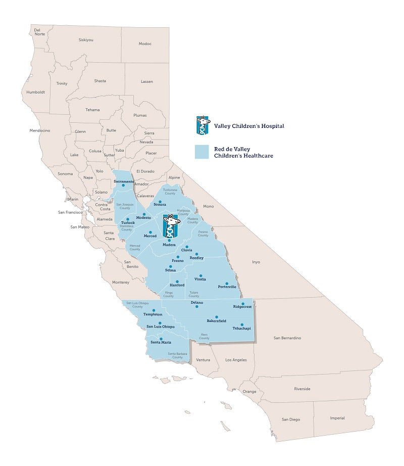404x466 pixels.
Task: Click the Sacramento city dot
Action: coord(123,185)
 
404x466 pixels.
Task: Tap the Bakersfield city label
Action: coord(216,321)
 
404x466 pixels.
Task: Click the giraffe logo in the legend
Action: coord(203,126)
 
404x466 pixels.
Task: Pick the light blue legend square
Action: coord(203,152)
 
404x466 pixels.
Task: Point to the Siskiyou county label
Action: coord(86,39)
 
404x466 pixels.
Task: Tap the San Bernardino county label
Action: coord(287,338)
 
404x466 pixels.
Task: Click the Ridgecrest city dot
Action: coord(243,304)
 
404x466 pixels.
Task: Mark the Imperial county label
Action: coord(337,418)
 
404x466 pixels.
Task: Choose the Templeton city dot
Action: coord(154,310)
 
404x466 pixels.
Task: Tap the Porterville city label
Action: coord(227,287)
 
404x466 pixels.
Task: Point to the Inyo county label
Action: coord(256,262)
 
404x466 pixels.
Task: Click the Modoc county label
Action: coord(145,44)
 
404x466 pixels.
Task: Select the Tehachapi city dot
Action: coord(241,324)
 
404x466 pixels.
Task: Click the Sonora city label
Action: coord(160,205)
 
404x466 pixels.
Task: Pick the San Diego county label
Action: coord(291,420)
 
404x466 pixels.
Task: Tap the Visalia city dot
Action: coord(201,275)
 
